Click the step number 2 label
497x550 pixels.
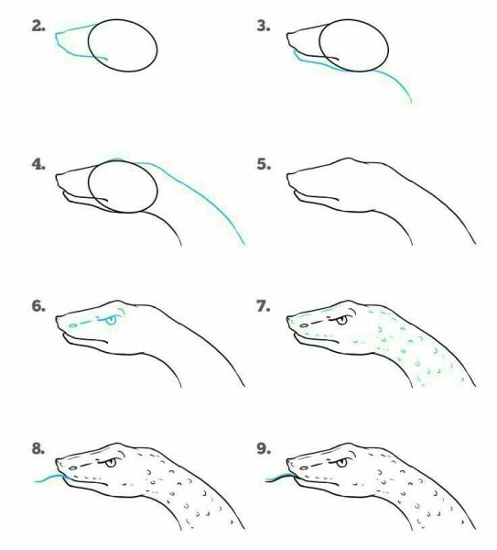pyautogui.click(x=38, y=27)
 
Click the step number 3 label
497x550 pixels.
pyautogui.click(x=264, y=27)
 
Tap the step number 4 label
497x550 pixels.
pyautogui.click(x=38, y=164)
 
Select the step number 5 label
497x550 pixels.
pyautogui.click(x=264, y=164)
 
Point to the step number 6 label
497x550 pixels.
pyautogui.click(x=38, y=306)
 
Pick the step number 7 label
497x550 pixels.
pyautogui.click(x=264, y=306)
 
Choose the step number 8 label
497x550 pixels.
pyautogui.click(x=38, y=448)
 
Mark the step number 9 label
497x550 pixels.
pyautogui.click(x=264, y=448)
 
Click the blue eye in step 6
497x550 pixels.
pyautogui.click(x=111, y=320)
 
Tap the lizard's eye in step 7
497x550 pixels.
pyautogui.click(x=341, y=320)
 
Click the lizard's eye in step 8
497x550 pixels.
pyautogui.click(x=111, y=463)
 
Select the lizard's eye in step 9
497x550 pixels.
pyautogui.click(x=341, y=463)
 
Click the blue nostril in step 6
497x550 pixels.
pyautogui.click(x=73, y=325)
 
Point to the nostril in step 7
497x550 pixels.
pyautogui.click(x=304, y=325)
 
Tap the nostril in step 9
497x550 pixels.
pyautogui.click(x=304, y=467)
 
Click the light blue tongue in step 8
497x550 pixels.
pyautogui.click(x=49, y=478)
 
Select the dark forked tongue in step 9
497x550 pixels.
pyautogui.click(x=279, y=478)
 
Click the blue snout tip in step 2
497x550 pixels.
pyautogui.click(x=57, y=35)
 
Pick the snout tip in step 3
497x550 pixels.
pyautogui.click(x=287, y=35)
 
